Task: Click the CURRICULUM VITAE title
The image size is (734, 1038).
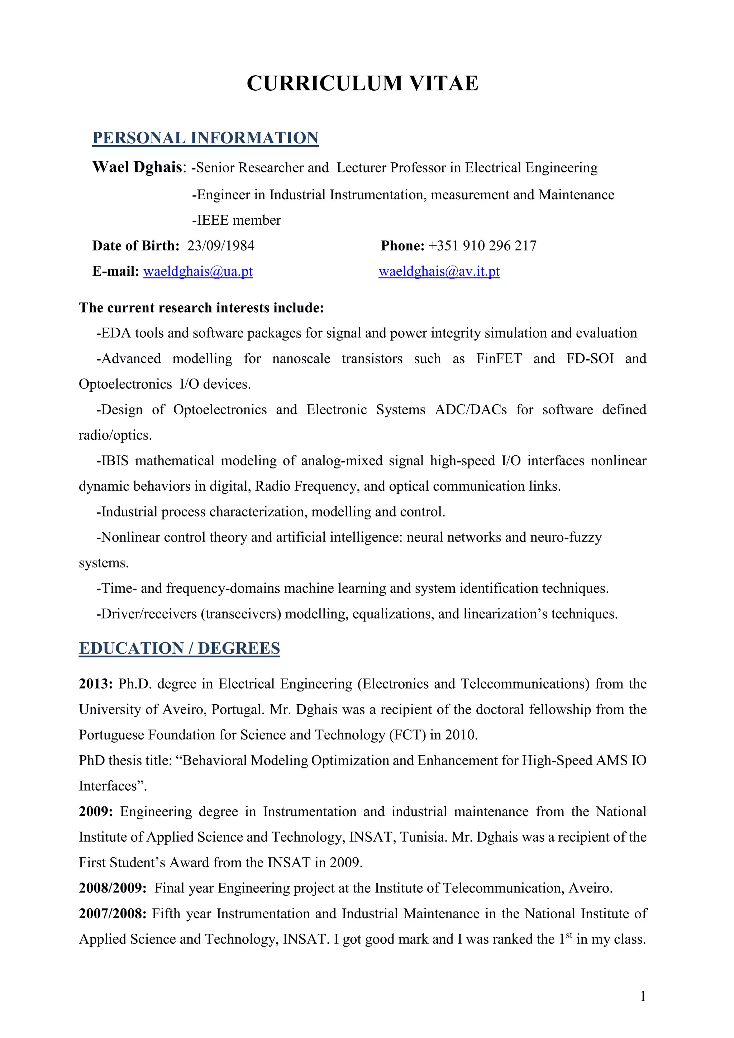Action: pyautogui.click(x=362, y=84)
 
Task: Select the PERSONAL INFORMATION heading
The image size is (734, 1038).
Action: pyautogui.click(x=205, y=138)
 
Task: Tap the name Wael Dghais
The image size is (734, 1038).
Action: pyautogui.click(x=137, y=167)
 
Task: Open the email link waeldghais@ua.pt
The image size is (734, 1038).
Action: pyautogui.click(x=198, y=271)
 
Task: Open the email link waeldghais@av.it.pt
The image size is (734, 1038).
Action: pyautogui.click(x=439, y=271)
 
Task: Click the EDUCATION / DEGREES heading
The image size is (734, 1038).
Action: pyautogui.click(x=180, y=648)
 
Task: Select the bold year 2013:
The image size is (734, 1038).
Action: pyautogui.click(x=96, y=684)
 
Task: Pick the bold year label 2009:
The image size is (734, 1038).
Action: pyautogui.click(x=96, y=811)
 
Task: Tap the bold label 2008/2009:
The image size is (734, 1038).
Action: pyautogui.click(x=113, y=888)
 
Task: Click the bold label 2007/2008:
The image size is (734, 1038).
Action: pyautogui.click(x=113, y=914)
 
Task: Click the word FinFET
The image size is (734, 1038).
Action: pyautogui.click(x=499, y=358)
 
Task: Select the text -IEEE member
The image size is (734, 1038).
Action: pyautogui.click(x=237, y=220)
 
